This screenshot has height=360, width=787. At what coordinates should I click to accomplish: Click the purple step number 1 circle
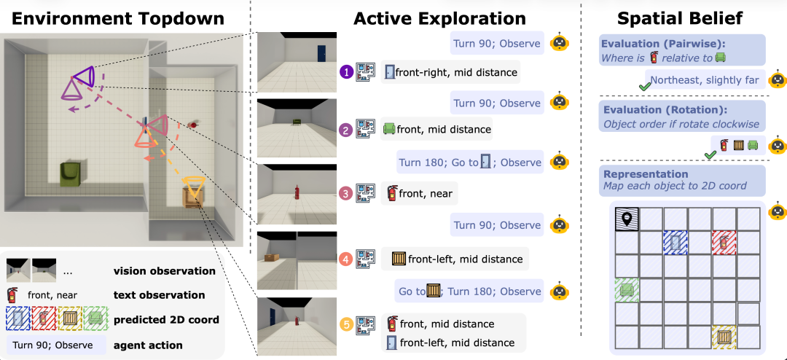346,72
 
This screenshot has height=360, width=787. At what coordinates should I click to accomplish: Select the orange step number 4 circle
346,259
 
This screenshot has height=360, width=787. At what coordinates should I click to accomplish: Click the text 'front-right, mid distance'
456,72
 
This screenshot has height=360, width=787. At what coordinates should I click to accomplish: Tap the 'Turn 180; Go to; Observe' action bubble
471,163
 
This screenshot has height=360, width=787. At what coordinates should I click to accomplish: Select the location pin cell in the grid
627,219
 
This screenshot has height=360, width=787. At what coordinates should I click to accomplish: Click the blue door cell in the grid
676,243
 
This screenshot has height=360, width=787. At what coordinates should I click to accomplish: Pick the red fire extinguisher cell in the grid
724,243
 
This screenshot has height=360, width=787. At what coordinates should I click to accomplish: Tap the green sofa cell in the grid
627,290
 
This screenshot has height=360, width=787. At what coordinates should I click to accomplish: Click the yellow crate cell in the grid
724,337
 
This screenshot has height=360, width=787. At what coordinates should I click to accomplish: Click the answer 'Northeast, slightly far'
704,80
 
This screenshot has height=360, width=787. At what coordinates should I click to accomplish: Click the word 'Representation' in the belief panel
646,174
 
